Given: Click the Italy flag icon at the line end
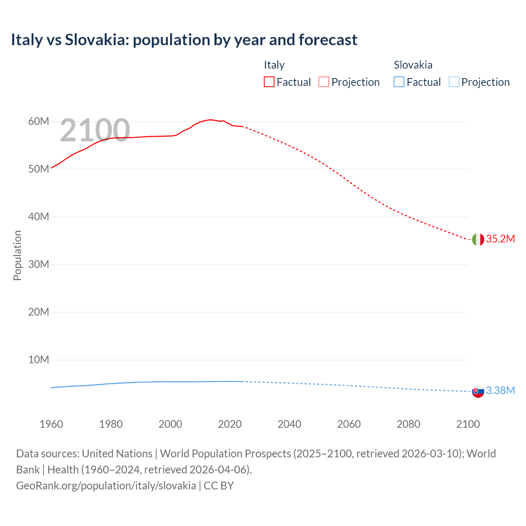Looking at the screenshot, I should tap(478, 239).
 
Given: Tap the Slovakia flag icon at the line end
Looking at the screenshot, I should tap(478, 392).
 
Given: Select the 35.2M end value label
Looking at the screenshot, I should tap(500, 239).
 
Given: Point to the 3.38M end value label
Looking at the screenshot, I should tap(500, 390).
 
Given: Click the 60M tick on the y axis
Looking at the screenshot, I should tap(39, 122).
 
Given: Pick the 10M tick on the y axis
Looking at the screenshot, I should tap(39, 360).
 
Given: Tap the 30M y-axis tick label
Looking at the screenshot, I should tap(39, 265).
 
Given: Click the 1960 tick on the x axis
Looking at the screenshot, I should tap(51, 424).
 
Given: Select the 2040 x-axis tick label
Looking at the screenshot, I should tap(289, 424).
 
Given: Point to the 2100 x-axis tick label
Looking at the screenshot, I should tap(468, 424).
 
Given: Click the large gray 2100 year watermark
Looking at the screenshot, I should tap(95, 131).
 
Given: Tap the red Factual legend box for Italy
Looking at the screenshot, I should tap(269, 82).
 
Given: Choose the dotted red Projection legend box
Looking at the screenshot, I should tap(324, 82).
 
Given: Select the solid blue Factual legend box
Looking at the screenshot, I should tap(399, 82).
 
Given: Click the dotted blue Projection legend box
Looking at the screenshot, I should tap(454, 82).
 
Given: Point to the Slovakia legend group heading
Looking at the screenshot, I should tap(413, 65).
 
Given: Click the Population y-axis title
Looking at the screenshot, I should tap(17, 255).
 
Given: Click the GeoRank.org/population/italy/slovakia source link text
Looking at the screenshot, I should tap(106, 486).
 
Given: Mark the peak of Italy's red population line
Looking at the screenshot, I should tap(210, 120).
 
